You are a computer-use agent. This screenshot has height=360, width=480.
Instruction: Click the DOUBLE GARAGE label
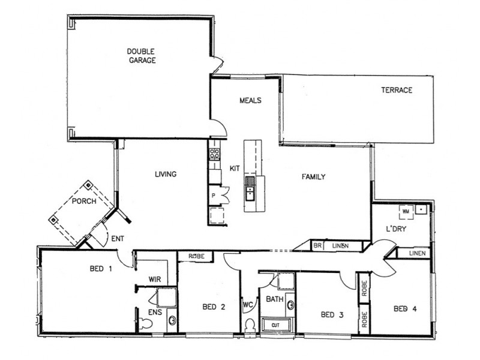click(x=142, y=56)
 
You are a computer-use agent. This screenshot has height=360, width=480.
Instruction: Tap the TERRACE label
click(x=397, y=91)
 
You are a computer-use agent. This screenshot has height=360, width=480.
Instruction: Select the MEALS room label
click(x=250, y=100)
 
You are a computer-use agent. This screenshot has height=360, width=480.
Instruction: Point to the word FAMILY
click(x=313, y=177)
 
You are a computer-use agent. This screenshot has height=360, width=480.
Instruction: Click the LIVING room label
click(x=166, y=175)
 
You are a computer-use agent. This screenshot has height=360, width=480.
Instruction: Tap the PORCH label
click(x=84, y=201)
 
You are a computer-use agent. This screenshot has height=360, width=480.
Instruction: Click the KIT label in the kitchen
click(x=235, y=169)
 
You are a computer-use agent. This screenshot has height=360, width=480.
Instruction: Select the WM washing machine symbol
click(x=406, y=211)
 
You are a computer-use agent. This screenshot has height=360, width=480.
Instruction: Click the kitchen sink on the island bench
click(x=250, y=193)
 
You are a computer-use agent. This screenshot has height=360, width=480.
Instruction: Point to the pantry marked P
click(x=214, y=195)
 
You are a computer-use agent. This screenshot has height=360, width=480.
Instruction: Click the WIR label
click(x=155, y=279)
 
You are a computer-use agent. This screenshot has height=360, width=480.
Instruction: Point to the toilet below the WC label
click(x=250, y=325)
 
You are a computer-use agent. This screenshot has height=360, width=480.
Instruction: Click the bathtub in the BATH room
click(x=276, y=325)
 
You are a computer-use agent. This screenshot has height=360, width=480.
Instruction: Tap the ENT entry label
click(x=118, y=239)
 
